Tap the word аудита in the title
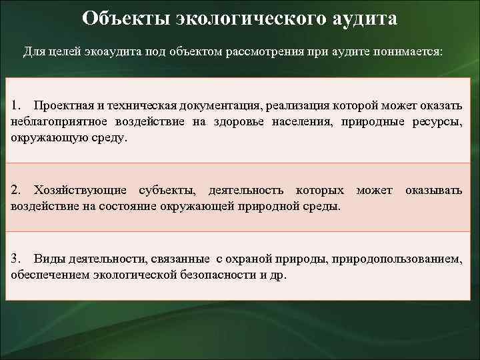(x=363, y=18)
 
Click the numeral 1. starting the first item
(x=17, y=106)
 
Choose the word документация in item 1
(x=223, y=106)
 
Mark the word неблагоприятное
(x=57, y=122)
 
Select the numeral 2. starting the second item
(x=17, y=191)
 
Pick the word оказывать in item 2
(x=433, y=191)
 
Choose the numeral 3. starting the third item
(x=17, y=259)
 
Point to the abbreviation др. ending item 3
(x=279, y=275)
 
